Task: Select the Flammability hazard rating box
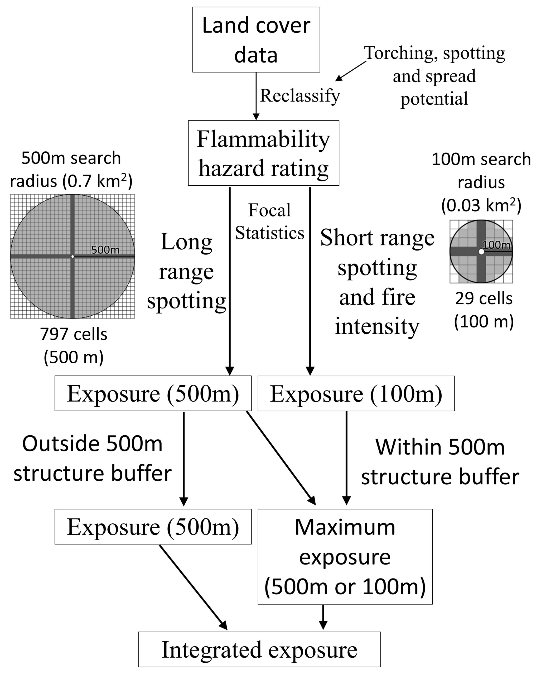[263, 153]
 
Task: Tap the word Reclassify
[300, 96]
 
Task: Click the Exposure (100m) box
[356, 393]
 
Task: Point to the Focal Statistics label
[269, 221]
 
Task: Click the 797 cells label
[74, 334]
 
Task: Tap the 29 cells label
[484, 298]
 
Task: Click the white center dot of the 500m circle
[73, 257]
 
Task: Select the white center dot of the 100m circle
[481, 252]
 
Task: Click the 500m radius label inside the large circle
[105, 250]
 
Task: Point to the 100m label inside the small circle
[496, 245]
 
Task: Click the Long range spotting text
[186, 271]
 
